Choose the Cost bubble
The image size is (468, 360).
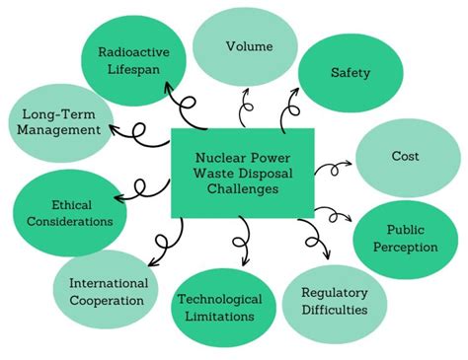(406, 156)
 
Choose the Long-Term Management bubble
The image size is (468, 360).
(61, 121)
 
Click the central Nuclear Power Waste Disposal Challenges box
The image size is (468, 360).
(243, 173)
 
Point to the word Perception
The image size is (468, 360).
(406, 247)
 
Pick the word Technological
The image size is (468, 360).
(219, 299)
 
